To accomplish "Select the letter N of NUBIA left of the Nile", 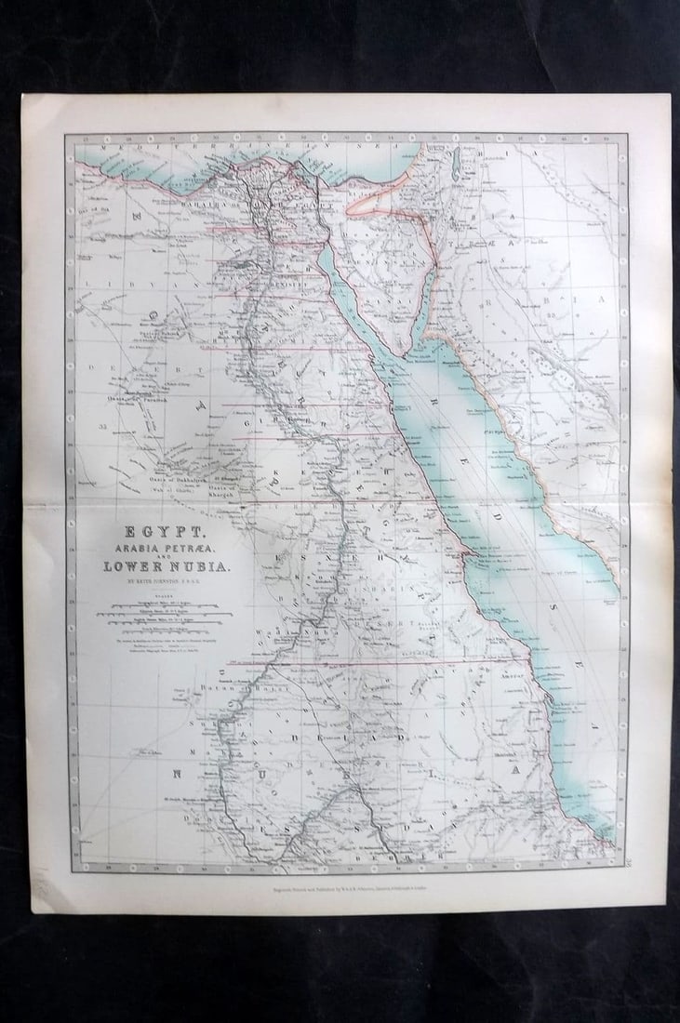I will pos(176,772).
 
